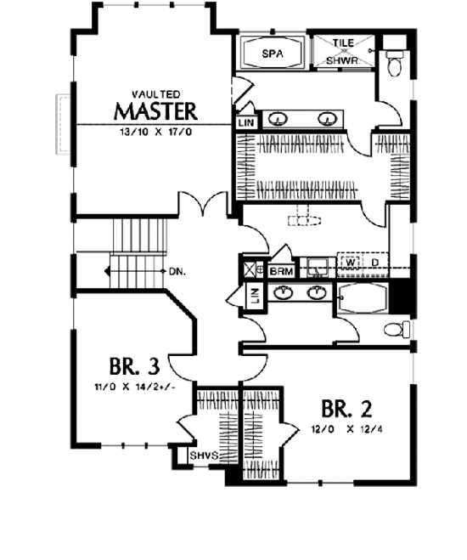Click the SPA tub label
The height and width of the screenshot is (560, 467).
pos(271,54)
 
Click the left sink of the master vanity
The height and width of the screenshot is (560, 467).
pos(279,119)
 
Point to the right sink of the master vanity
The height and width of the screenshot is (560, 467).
pos(327,119)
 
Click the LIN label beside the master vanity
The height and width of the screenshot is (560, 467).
pos(246,123)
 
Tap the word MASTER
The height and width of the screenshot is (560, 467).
pos(156,111)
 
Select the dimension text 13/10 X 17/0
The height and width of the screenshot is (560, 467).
pos(156,133)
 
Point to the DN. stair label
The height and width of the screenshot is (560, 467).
pos(177,272)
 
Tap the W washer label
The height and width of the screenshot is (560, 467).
pos(350,263)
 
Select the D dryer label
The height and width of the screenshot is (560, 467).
pos(374,263)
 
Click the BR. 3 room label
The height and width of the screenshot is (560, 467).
pos(134,367)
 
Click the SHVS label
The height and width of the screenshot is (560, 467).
pos(205,456)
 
